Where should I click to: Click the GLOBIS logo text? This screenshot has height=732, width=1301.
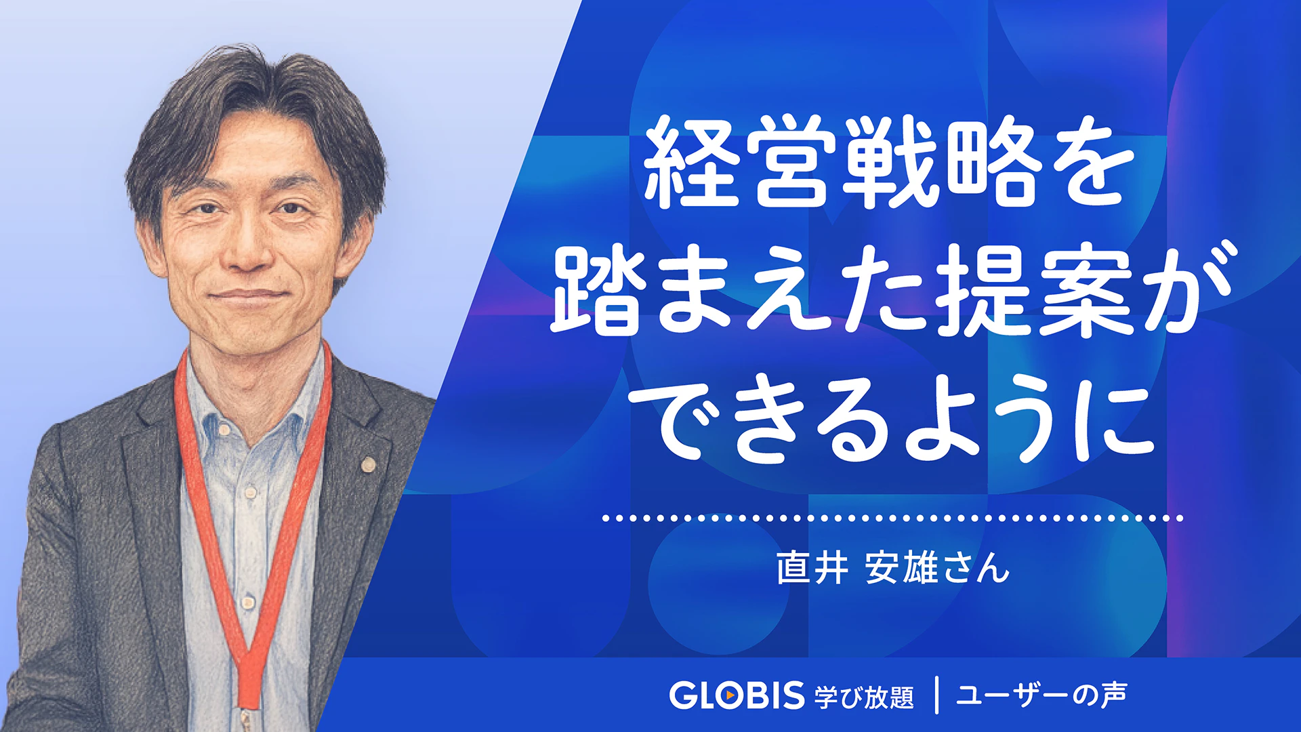pos(737,695)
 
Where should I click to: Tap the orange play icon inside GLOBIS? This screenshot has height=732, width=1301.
pos(729,695)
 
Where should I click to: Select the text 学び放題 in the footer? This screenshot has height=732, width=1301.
pos(864,697)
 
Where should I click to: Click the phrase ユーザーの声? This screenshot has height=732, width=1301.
pos(1041,695)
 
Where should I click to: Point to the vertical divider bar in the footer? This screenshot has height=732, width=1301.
pos(936,695)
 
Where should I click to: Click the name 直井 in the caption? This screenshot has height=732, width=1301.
pos(812,567)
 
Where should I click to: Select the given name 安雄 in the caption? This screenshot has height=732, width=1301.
pos(901,567)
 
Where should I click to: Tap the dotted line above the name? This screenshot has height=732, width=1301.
pos(892,518)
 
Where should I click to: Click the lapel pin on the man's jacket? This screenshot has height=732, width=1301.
pos(368,464)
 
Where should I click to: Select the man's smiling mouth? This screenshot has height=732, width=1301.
pos(247,296)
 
